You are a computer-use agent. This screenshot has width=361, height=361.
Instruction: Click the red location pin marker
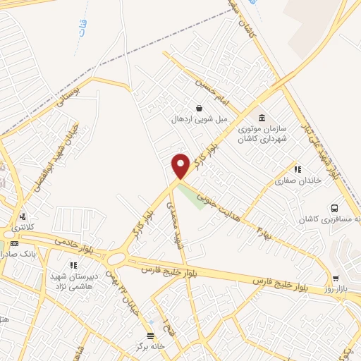[180, 165]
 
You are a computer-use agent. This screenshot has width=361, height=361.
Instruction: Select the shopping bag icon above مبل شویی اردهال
[200, 109]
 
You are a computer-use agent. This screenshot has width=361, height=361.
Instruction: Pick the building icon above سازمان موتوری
[262, 117]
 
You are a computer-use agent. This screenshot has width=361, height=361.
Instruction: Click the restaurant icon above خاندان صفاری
[297, 169]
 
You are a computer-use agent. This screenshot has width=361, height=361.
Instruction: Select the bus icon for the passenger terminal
[334, 209]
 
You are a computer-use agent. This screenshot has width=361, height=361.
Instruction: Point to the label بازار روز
[336, 290]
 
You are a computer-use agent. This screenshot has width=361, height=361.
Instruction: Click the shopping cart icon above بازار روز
[336, 279]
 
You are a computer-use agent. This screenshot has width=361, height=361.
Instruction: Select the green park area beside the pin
[191, 194]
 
